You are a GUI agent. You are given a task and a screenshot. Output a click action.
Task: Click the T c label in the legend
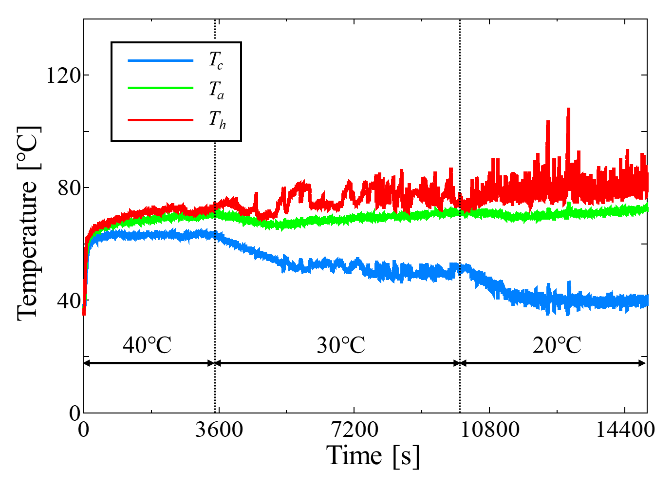click(216, 60)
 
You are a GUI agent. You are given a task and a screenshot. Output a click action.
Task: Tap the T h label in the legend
click(217, 119)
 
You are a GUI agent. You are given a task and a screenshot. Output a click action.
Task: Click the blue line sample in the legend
click(160, 61)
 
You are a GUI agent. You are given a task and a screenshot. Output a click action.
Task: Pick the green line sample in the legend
click(160, 88)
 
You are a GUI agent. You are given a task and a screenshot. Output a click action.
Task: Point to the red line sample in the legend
click(160, 120)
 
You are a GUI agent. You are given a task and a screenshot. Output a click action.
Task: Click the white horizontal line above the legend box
click(176, 40)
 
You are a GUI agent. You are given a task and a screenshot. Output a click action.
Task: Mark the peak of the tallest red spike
click(568, 109)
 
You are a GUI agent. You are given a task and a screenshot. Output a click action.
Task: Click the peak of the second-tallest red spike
click(548, 121)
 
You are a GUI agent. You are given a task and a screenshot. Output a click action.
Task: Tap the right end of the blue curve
click(648, 300)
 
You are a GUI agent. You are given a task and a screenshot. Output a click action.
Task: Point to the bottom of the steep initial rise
click(84, 314)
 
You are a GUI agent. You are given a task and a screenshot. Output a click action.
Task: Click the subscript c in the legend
click(220, 65)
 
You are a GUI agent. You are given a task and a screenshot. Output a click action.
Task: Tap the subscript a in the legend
click(221, 95)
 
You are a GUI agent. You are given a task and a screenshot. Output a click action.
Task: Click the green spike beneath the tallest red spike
click(569, 205)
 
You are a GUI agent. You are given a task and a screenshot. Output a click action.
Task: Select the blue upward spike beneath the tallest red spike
click(569, 282)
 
